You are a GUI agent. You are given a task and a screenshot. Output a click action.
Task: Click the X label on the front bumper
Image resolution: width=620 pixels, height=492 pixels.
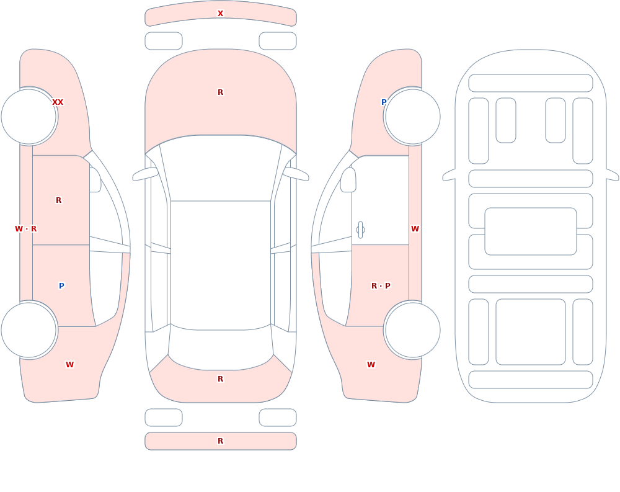coord(220,14)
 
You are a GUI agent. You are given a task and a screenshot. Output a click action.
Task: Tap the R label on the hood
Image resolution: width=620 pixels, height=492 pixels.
coord(220,92)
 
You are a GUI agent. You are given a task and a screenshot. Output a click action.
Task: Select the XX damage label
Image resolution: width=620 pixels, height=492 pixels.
coord(58,102)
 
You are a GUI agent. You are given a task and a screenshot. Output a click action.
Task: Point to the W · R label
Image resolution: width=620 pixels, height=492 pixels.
coord(25,229)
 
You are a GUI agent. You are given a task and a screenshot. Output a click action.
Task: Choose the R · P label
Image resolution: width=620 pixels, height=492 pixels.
coord(381,286)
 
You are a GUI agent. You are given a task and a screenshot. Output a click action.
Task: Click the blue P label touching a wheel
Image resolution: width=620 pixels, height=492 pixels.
coord(384,102)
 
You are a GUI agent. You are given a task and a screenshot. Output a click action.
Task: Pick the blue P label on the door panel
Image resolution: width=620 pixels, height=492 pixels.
coord(61,286)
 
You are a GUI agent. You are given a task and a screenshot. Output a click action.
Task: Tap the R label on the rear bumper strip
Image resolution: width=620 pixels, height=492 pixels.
coord(220,441)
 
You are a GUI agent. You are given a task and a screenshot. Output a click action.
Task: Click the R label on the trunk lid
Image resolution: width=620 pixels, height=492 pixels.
coord(220,379)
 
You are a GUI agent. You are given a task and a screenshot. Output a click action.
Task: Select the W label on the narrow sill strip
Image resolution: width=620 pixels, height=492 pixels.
coord(415,229)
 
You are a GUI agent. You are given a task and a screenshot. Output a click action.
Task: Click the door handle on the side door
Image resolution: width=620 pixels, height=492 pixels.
coord(360,230)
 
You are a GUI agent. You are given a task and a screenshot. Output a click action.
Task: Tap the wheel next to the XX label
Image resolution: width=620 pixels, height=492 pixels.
coord(29,117)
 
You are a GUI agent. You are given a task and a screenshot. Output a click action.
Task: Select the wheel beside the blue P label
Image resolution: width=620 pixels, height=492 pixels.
coord(412,117)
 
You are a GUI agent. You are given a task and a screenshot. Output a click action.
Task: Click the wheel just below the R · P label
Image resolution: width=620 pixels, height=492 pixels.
coord(412,330)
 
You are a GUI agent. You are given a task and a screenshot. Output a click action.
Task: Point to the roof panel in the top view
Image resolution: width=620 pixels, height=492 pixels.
coord(221,265)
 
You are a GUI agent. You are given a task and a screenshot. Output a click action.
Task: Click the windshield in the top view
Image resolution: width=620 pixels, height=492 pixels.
coord(221,168)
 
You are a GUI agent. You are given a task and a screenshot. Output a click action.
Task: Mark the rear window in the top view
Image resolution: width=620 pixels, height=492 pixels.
coord(221,347)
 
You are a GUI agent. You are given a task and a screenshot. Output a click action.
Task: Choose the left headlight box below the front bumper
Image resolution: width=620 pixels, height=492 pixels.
coord(164,41)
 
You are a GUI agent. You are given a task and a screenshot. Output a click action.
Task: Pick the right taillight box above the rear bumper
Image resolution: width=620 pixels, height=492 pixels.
coord(278,418)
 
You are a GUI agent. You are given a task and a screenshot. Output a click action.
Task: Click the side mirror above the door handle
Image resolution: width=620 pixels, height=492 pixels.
coord(348,180)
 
